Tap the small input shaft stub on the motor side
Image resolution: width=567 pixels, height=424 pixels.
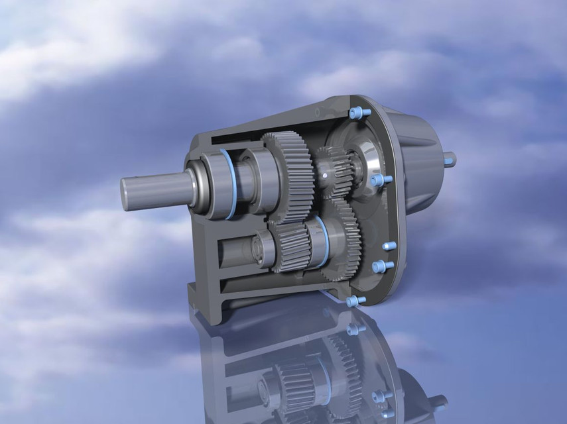[x=450, y=158]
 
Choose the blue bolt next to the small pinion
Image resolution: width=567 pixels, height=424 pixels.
[x=378, y=180]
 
